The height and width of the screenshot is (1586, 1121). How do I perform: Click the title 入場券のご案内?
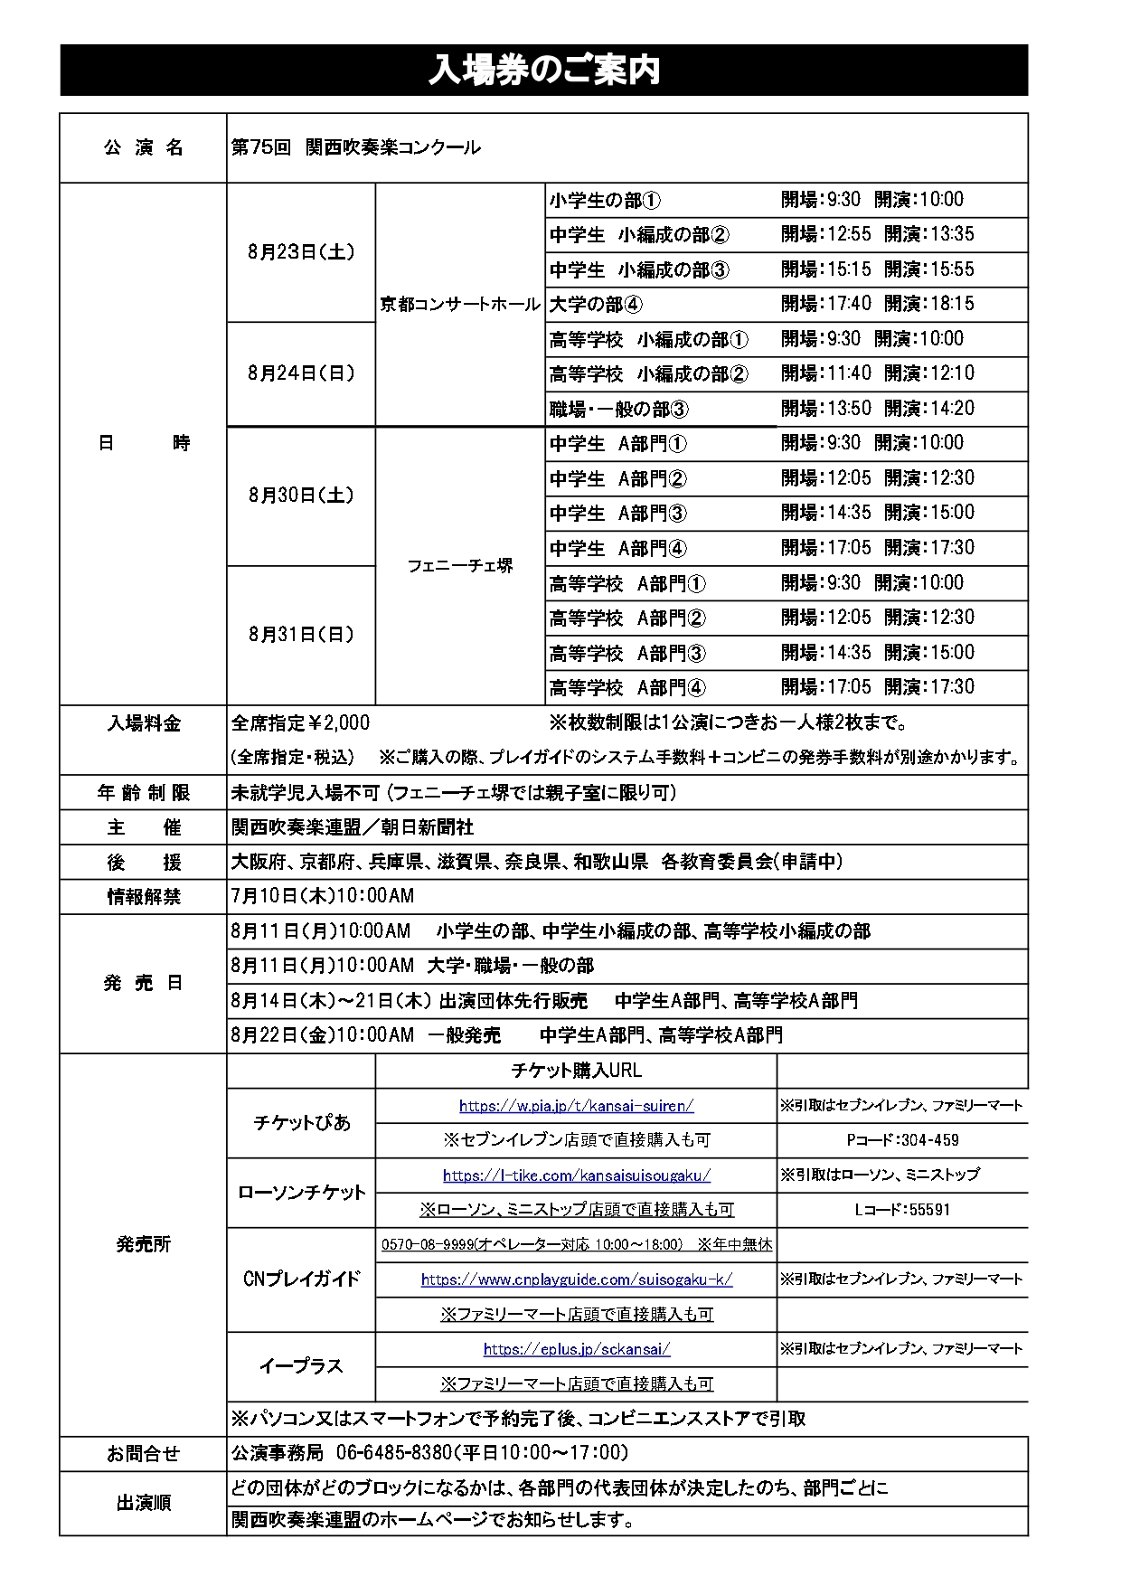coord(543,71)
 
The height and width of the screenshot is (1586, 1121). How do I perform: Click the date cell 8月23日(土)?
coord(301,252)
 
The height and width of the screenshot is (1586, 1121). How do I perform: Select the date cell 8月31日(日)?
coord(301,635)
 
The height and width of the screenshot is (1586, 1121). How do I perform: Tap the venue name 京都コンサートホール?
coord(459,305)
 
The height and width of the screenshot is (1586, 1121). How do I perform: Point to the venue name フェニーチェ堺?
coord(459,566)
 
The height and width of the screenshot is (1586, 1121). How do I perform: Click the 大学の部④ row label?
coord(597,305)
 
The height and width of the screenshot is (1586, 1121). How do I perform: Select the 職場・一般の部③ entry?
coord(619,410)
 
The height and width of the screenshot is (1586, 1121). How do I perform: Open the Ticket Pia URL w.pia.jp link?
coord(576,1105)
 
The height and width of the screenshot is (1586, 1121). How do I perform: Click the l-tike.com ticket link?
coord(576,1175)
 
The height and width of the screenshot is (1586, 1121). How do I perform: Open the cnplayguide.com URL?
coord(576,1279)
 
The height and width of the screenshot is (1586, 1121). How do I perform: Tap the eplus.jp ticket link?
coord(576,1349)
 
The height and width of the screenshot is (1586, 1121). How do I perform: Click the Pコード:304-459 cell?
coord(902,1140)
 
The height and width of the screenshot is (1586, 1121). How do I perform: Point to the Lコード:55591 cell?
coord(902,1210)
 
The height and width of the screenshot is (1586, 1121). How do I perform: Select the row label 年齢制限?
coord(144,793)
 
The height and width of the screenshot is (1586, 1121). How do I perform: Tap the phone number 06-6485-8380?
coord(393,1453)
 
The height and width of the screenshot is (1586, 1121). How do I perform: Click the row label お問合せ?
coord(144,1454)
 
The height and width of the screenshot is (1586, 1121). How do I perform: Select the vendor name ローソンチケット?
coord(301,1193)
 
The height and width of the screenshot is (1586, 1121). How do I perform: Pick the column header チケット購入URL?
coord(576,1071)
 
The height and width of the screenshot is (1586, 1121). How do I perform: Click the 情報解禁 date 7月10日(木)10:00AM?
coord(323,896)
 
